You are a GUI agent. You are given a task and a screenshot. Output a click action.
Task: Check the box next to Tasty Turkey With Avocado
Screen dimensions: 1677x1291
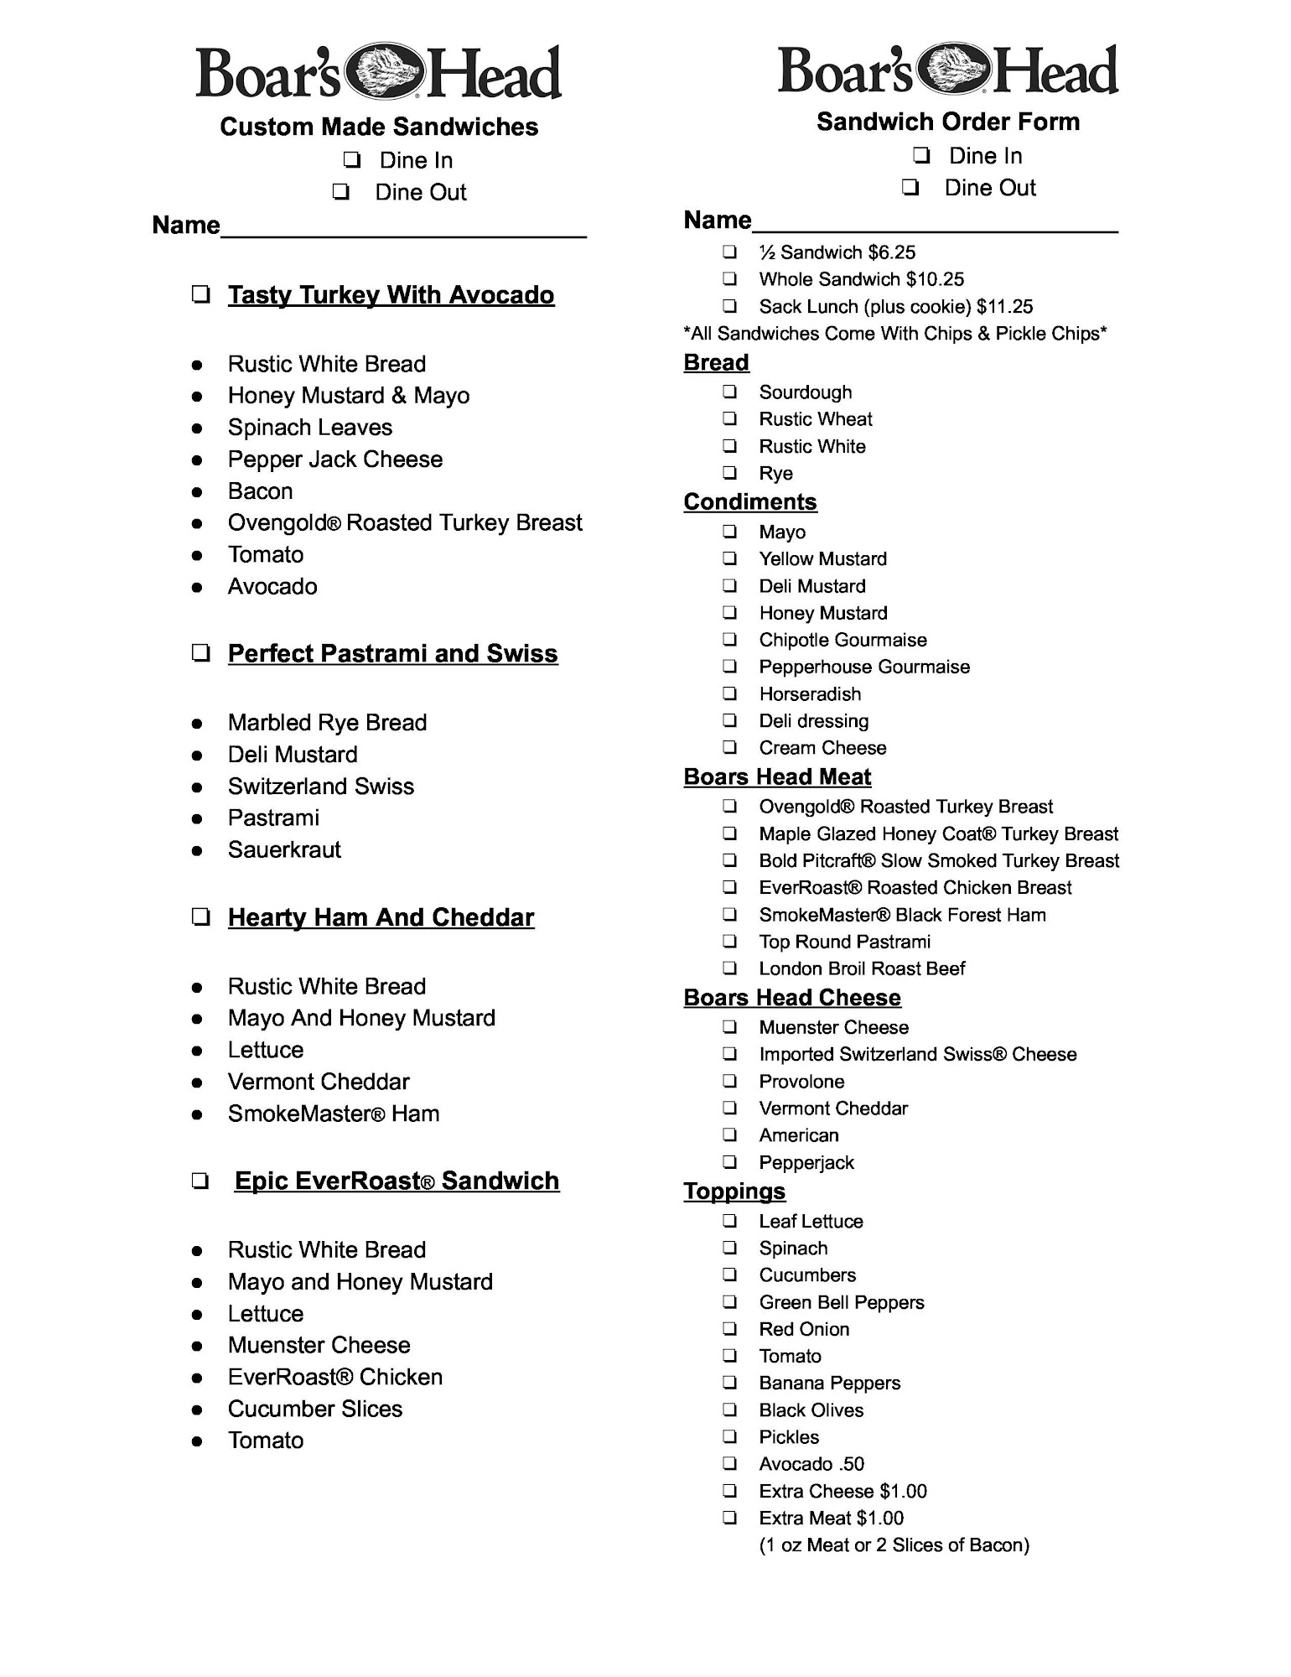[200, 295]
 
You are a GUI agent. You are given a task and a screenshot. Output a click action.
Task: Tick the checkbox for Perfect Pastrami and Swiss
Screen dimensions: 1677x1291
[200, 653]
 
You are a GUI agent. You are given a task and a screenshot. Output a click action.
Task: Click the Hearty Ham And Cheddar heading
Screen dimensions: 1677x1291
[381, 917]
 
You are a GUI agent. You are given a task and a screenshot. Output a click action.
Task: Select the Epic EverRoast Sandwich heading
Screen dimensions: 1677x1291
[397, 1181]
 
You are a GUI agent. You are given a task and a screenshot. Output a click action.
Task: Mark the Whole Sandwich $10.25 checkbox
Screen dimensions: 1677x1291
[730, 279]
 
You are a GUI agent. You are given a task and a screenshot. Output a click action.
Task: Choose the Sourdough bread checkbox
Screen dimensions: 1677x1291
[730, 392]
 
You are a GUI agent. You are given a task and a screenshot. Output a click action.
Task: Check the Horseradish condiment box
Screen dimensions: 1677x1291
[730, 694]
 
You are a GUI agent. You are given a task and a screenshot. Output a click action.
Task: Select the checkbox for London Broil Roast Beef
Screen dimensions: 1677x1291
[730, 968]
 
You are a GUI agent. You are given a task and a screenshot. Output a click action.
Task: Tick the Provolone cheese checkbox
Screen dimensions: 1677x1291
[730, 1082]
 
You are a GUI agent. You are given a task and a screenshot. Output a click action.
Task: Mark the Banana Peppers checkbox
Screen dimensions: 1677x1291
[730, 1383]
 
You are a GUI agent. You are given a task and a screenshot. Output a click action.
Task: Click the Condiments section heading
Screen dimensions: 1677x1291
[750, 501]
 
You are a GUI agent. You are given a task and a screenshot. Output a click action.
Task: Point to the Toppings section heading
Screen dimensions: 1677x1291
[734, 1192]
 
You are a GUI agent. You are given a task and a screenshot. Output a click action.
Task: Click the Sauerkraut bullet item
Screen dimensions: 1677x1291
[284, 849]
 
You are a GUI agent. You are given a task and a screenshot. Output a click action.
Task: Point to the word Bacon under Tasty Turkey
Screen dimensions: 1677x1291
[260, 491]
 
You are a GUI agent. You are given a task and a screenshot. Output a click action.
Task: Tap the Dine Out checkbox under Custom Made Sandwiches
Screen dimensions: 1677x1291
[340, 192]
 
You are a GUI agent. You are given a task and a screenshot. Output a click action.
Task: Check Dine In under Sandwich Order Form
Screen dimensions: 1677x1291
[921, 156]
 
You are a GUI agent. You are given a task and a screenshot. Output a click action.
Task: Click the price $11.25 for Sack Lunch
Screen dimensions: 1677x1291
[1004, 307]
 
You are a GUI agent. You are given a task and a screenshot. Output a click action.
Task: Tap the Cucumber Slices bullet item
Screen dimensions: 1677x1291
[315, 1409]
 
